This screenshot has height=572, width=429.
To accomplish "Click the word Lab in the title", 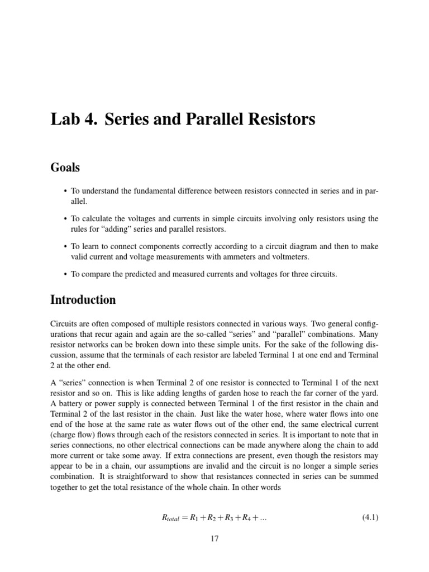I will [65, 120].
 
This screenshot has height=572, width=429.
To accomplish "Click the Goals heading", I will [65, 168].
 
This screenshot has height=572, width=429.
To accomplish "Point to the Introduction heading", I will [83, 300].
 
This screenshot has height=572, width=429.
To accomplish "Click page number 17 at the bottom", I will [214, 538].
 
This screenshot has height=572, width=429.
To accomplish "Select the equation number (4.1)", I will [367, 517].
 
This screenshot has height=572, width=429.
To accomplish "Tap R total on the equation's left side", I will [173, 518].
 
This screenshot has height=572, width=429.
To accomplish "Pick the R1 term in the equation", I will [195, 517].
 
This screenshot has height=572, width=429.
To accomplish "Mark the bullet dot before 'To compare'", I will [66, 274].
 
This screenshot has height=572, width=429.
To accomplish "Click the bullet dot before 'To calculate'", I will [66, 218].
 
